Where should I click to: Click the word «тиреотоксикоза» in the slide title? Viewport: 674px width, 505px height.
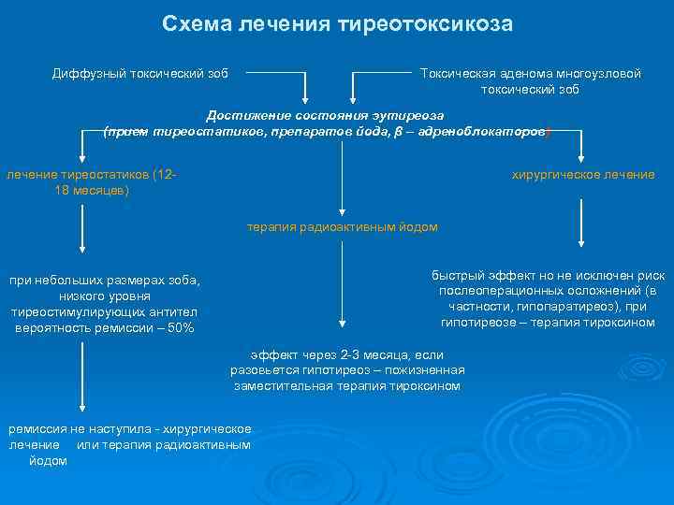[x=435, y=23]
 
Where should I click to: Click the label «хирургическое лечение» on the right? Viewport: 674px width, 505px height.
[x=582, y=175]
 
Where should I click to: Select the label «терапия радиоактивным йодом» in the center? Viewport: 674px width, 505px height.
[x=342, y=227]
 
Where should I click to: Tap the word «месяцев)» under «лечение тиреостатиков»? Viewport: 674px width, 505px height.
[x=93, y=191]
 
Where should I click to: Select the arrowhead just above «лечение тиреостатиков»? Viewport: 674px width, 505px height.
[x=82, y=159]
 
